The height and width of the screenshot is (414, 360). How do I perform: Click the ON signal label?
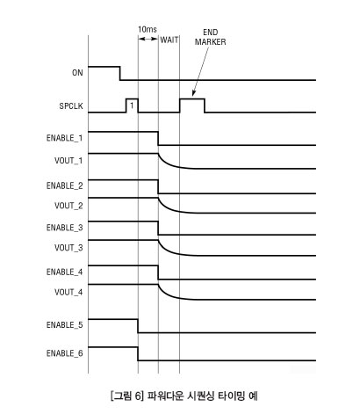77,73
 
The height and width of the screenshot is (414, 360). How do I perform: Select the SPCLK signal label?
71,106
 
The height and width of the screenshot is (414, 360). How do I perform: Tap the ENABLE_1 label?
64,138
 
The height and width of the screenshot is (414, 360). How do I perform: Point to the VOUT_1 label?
68,161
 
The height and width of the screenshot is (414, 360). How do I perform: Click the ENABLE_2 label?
64,185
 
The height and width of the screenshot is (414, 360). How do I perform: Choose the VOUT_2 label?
68,206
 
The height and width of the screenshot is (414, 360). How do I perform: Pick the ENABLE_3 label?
64,228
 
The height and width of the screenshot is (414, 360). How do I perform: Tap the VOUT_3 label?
68,248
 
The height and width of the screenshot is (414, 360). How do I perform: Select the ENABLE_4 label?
64,272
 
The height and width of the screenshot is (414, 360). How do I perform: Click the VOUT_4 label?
68,292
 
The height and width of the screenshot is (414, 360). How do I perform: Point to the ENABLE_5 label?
64,325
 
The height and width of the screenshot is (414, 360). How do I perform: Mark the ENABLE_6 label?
64,353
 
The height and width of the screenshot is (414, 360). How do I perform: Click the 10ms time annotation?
148,29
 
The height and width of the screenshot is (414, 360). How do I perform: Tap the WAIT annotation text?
169,40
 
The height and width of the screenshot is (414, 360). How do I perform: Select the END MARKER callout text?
211,37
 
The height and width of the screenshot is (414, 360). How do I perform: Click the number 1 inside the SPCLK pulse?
132,105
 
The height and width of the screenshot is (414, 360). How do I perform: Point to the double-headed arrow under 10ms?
148,39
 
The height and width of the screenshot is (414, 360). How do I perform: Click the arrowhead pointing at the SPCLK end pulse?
193,93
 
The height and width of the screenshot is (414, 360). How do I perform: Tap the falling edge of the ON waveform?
120,73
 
